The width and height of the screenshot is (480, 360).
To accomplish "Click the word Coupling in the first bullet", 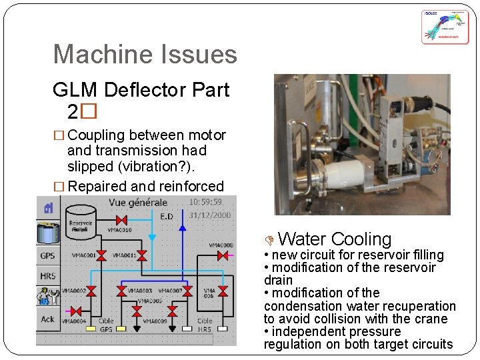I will [x=97, y=135].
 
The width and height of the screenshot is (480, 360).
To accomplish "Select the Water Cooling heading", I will [x=335, y=239].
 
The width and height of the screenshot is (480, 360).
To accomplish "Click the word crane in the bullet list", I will [x=429, y=319].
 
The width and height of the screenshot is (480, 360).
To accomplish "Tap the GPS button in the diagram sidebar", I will [x=48, y=256].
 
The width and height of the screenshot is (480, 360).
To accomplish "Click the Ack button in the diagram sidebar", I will [x=48, y=319].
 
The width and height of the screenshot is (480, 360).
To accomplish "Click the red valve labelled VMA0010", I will [x=121, y=220].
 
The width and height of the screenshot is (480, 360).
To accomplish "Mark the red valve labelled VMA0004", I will [x=76, y=311].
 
